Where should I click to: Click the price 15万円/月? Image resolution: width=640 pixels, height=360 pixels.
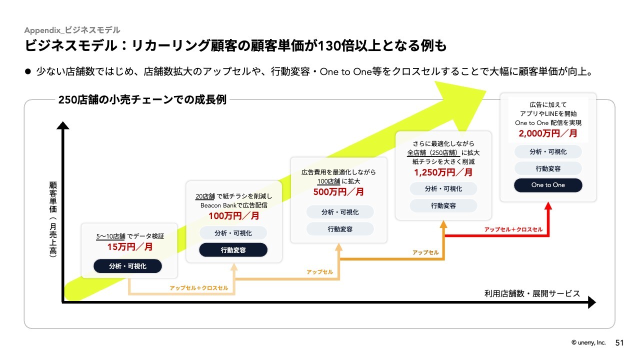pos(130,246)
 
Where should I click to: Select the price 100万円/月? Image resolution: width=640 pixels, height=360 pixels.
pos(234,216)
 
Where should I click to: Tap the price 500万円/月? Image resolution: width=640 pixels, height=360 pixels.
pos(338,192)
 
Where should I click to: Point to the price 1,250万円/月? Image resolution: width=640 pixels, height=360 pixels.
pos(443,172)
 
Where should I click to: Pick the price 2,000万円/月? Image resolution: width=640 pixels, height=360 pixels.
pos(547,133)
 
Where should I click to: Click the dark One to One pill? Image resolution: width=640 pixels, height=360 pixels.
pos(548,185)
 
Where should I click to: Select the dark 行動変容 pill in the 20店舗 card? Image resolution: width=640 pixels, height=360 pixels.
pos(233,250)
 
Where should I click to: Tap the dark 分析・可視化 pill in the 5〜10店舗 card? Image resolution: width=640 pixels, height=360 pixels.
pos(128,266)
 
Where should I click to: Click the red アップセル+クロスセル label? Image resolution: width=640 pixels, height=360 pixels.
pos(513,229)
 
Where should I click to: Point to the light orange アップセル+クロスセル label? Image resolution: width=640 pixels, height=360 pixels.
pos(199,288)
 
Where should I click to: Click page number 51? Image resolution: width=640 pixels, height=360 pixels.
pos(619,343)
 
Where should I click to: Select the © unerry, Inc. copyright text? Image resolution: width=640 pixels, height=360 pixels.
pos(588,343)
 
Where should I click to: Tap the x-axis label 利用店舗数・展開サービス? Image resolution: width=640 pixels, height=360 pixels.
pos(532,293)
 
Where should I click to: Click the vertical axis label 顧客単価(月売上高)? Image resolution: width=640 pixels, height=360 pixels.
pos(52,219)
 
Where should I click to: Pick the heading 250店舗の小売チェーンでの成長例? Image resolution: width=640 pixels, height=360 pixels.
pos(142,99)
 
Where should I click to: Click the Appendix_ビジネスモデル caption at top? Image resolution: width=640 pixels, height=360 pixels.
pos(72,30)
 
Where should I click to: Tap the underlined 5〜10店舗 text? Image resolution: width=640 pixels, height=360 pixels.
pos(110,235)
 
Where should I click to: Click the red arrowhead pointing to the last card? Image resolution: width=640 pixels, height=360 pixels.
pos(548,205)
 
